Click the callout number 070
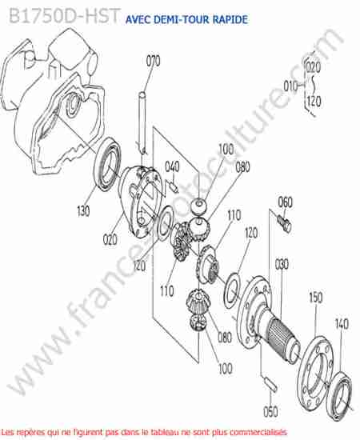(x=154, y=61)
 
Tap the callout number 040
(x=172, y=166)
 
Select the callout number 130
(x=83, y=210)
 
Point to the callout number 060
(x=285, y=202)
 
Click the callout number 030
(x=282, y=264)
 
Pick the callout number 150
(x=316, y=298)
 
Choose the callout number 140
(x=342, y=324)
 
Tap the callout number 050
(x=270, y=411)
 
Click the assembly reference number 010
(x=290, y=86)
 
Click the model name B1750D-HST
(x=64, y=16)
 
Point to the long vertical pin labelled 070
(x=143, y=122)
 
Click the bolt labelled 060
(x=285, y=223)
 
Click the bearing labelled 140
(x=340, y=393)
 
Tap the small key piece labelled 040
(x=174, y=186)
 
